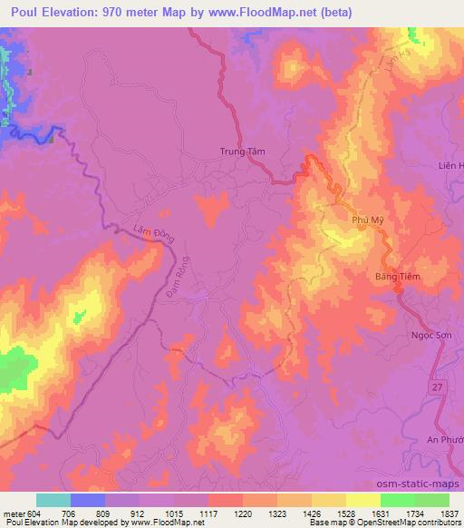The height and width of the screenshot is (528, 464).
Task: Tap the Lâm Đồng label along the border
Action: (x=121, y=233)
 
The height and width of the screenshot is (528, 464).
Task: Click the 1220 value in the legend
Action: (x=242, y=513)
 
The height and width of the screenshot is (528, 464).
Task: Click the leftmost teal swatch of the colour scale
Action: (x=53, y=500)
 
